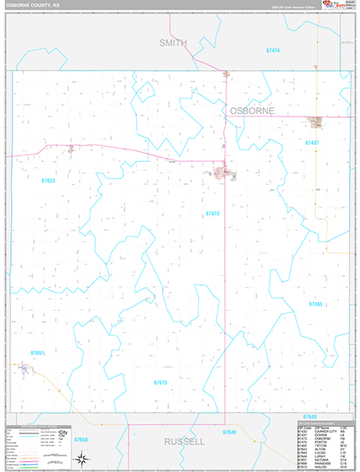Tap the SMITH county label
(174, 42)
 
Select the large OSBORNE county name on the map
(252, 112)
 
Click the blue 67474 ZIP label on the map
(273, 50)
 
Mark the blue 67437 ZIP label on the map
(312, 143)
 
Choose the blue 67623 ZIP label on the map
(49, 181)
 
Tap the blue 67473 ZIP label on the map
(212, 214)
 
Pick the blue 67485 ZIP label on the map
(316, 304)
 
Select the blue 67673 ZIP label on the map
(160, 382)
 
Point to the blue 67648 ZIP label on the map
(309, 417)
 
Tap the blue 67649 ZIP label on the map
(229, 433)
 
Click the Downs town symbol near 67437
(316, 123)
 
